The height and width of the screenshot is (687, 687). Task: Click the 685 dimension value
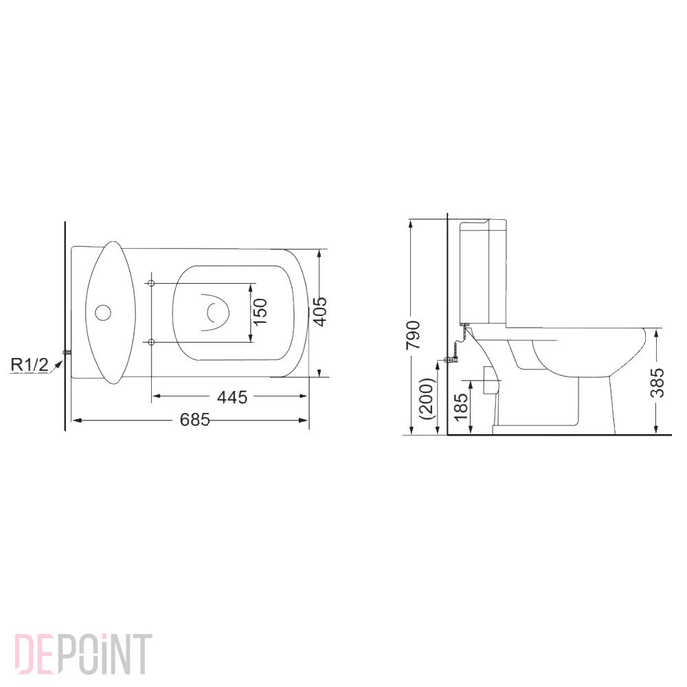(x=194, y=420)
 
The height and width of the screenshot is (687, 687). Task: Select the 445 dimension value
(x=232, y=396)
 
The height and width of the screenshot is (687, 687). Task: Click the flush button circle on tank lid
(x=102, y=313)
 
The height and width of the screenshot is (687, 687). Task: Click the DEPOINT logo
(x=82, y=655)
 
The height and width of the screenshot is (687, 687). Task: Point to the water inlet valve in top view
(x=67, y=352)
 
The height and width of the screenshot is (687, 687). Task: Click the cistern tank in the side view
(x=485, y=271)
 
